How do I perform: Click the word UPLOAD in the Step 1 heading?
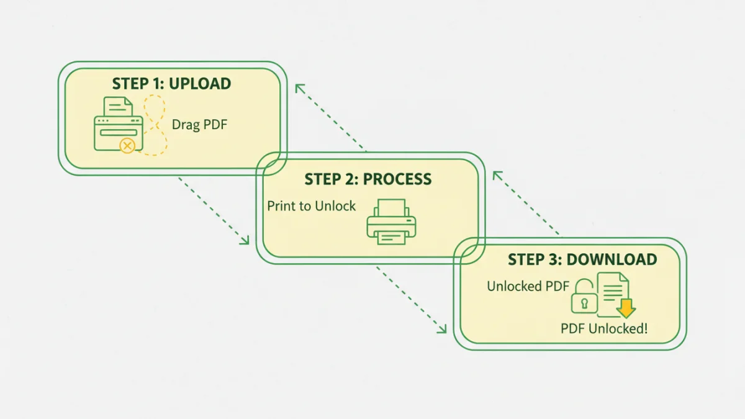click(x=200, y=84)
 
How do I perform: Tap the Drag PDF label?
click(x=200, y=125)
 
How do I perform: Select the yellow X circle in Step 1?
click(x=127, y=146)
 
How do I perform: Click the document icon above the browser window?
click(x=118, y=107)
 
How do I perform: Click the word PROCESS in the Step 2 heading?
click(x=397, y=179)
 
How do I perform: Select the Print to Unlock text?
click(x=312, y=206)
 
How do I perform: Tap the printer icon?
click(x=392, y=222)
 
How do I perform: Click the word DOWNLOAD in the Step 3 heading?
click(x=612, y=259)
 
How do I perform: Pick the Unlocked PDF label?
click(x=528, y=286)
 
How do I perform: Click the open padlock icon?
click(x=584, y=297)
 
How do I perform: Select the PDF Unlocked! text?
click(x=603, y=328)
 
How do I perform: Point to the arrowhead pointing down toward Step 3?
click(x=442, y=329)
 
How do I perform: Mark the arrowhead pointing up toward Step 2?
click(x=497, y=176)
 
